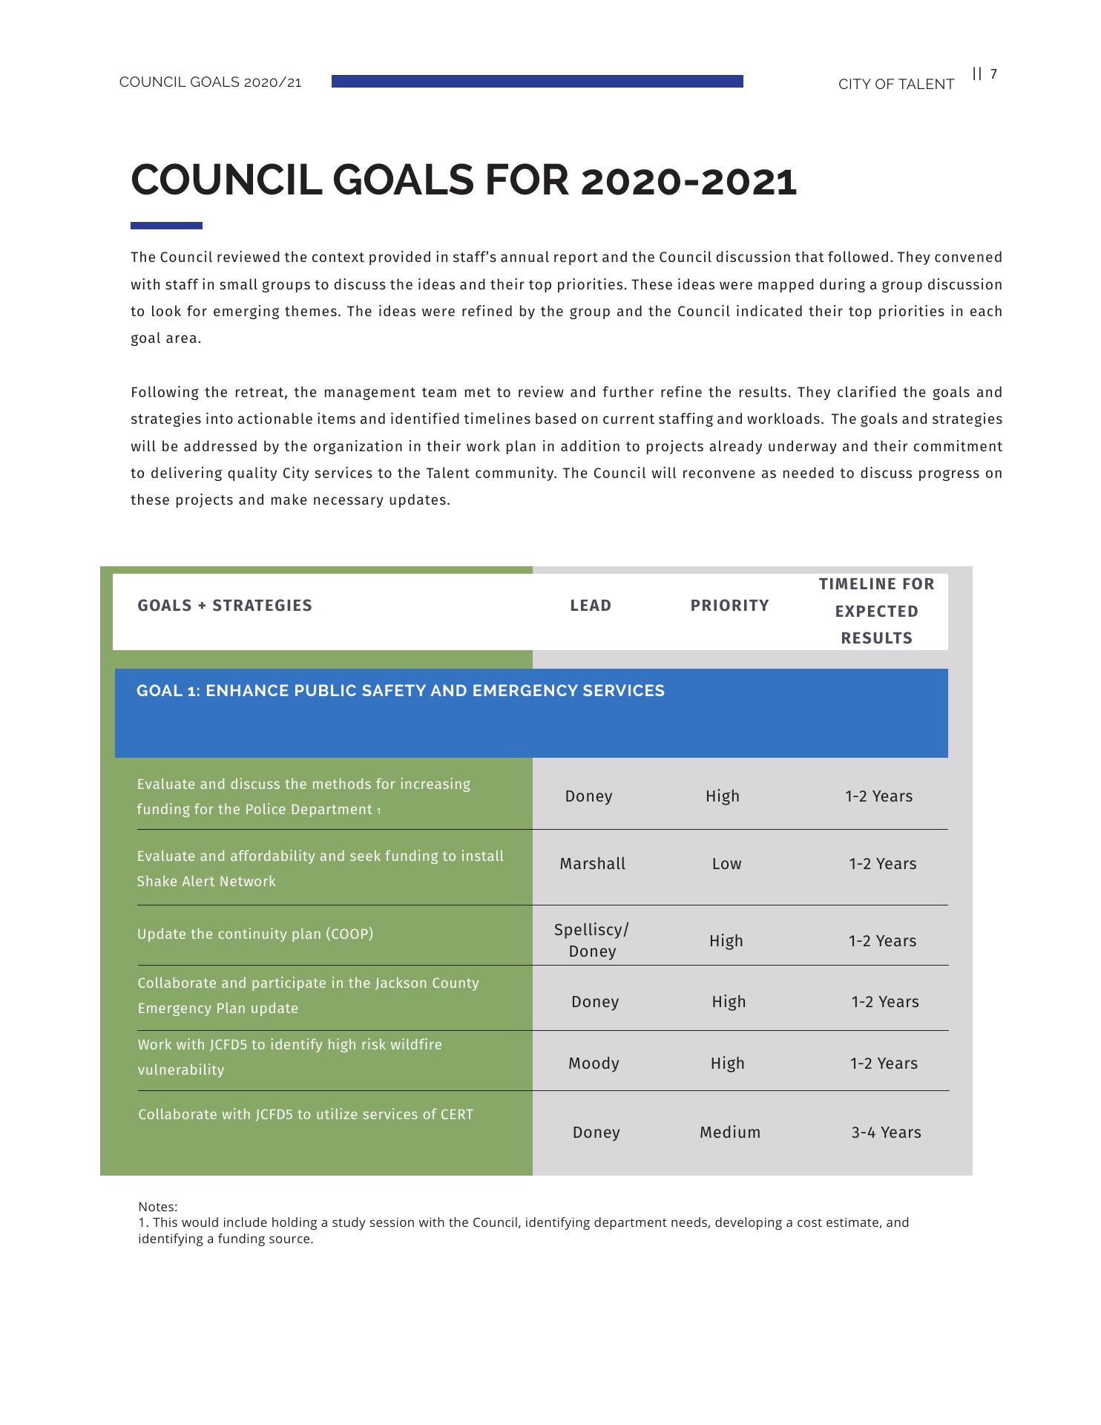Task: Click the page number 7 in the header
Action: coord(993,73)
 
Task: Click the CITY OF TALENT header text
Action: coord(895,85)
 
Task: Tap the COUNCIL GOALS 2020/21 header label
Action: coord(210,82)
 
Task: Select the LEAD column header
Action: coord(591,606)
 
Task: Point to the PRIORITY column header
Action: coord(729,606)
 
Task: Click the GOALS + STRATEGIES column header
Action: coord(225,606)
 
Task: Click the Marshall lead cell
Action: coord(592,864)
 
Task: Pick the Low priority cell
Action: coord(726,864)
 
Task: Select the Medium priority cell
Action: coord(730,1133)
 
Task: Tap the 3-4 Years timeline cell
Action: coord(886,1133)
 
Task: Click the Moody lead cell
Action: coord(594,1064)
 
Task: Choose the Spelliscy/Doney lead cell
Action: coord(591,940)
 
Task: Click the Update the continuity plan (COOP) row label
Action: coord(255,934)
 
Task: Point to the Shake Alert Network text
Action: coord(206,882)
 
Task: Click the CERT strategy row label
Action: coord(306,1115)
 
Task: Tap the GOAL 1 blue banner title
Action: coord(401,691)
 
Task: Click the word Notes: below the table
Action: coord(158,1207)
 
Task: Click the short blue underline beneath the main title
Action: coord(166,226)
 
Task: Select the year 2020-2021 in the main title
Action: coord(689,181)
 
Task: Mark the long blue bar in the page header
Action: coord(537,82)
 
